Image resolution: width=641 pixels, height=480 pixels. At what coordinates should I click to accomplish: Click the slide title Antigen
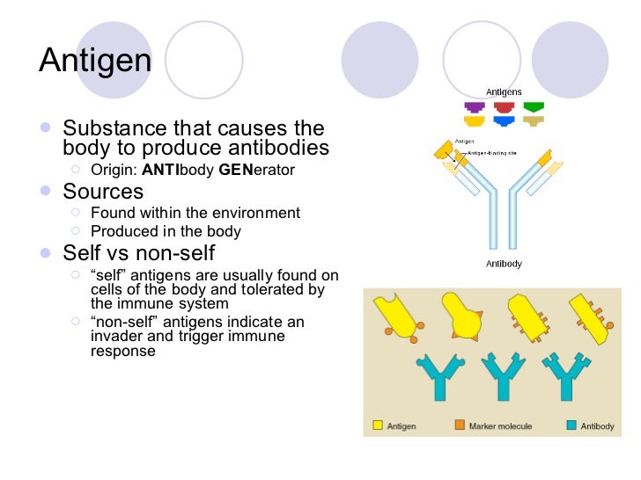pos(95,61)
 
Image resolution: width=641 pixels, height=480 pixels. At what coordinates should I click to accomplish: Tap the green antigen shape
pos(533,107)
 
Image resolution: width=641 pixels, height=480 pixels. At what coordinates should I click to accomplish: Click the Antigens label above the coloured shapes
pos(504,92)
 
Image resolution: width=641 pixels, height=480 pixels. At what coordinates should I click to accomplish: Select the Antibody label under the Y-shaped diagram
pos(504,264)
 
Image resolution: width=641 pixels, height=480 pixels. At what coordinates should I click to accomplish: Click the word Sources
pos(103,191)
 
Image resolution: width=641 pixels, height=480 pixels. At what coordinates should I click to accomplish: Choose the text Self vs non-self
pos(138,254)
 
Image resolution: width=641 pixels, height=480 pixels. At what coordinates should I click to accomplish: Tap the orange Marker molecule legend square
pos(460,425)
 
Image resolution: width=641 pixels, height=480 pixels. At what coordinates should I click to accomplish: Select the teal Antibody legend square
pos(571,425)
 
